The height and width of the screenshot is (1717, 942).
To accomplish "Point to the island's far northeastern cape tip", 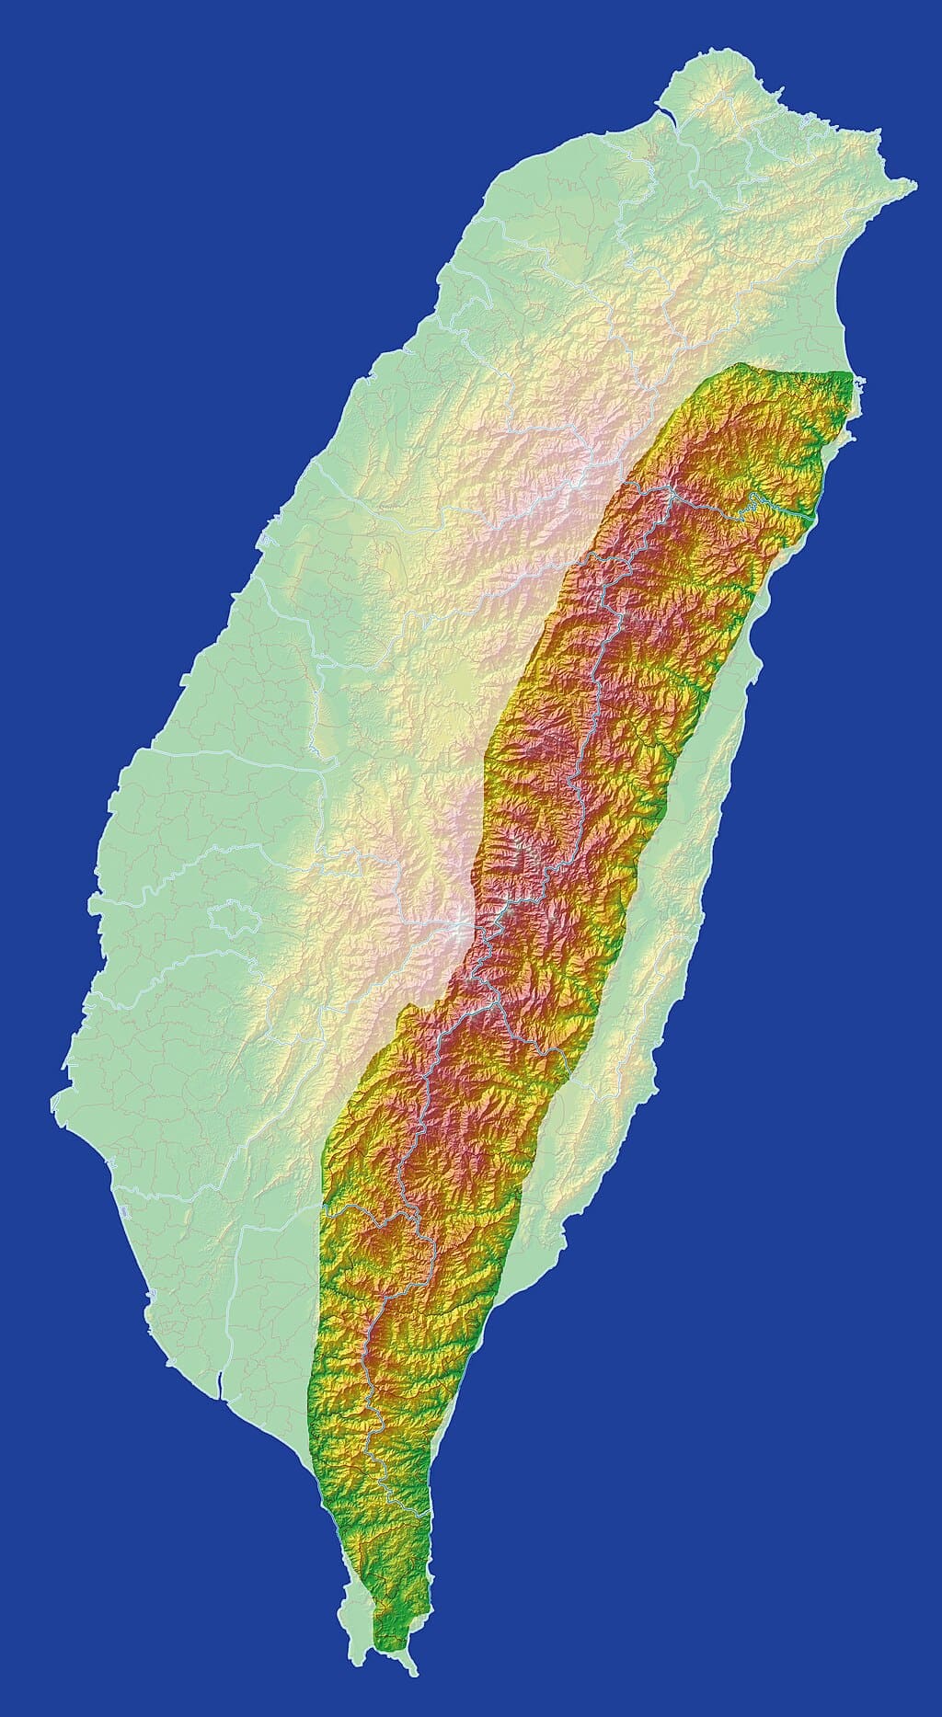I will pos(913,187).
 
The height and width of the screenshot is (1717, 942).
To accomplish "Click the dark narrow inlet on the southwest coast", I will pos(220,1379).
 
